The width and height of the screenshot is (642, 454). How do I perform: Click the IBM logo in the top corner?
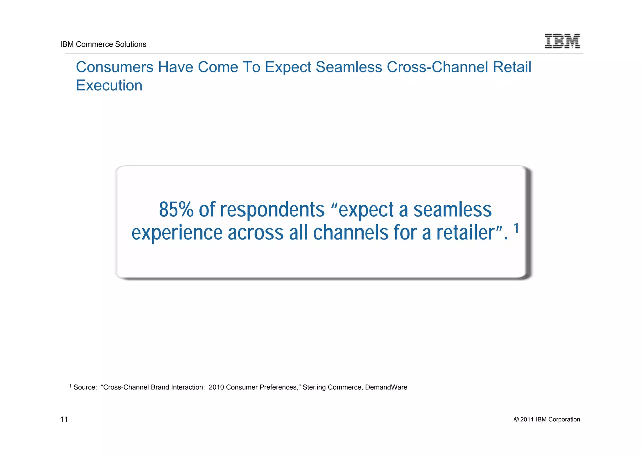click(562, 41)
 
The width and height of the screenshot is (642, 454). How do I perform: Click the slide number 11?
click(64, 420)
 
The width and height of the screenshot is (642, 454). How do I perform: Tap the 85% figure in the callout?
click(176, 209)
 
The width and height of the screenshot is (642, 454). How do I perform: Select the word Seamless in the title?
click(349, 67)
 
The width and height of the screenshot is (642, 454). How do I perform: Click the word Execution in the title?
click(109, 85)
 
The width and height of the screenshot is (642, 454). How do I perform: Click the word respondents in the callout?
click(272, 209)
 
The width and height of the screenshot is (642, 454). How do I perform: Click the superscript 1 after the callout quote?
click(516, 228)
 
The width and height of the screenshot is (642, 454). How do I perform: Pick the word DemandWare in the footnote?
click(386, 387)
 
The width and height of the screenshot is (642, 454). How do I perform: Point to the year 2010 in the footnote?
click(216, 387)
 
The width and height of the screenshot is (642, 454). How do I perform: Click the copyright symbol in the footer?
click(516, 420)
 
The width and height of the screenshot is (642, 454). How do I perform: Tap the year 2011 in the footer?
click(527, 420)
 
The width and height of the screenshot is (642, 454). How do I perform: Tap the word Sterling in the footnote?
click(314, 387)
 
